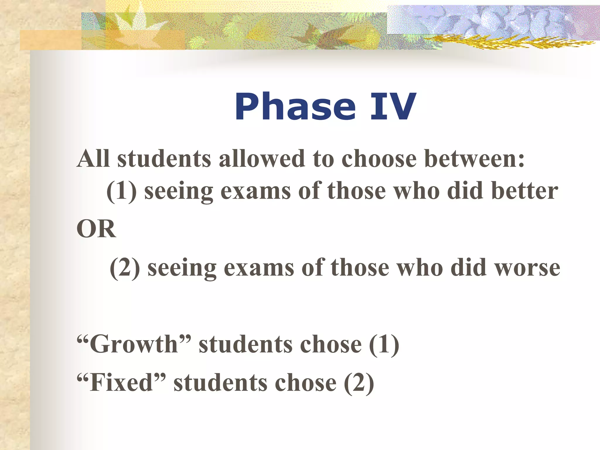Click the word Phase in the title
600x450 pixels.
coord(295,107)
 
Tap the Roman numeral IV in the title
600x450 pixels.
coord(393,107)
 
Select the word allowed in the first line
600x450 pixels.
coord(262,159)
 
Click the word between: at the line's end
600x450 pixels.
coord(474,159)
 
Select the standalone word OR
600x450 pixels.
coord(96,229)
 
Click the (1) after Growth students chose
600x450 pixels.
coord(384,345)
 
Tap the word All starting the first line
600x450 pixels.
coord(93,159)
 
